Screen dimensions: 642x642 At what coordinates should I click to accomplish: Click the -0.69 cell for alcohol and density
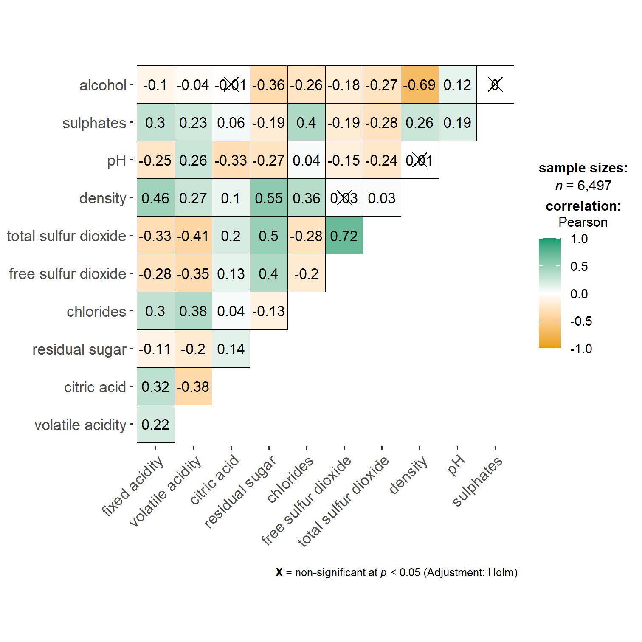point(420,85)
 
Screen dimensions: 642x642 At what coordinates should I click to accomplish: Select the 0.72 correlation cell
point(344,236)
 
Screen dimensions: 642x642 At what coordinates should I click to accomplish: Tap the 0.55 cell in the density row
point(269,198)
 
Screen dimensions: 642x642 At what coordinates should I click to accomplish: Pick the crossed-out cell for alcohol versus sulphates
point(495,85)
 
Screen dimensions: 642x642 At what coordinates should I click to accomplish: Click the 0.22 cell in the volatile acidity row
point(155,424)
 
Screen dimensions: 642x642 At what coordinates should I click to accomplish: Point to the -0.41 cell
point(193,236)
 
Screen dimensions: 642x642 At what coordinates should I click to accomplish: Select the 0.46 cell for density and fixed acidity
point(155,198)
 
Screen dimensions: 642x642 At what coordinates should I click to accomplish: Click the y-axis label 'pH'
point(116,160)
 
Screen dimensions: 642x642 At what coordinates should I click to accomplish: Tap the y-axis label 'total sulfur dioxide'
point(67,236)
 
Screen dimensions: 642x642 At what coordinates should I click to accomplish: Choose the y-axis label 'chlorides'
point(96,312)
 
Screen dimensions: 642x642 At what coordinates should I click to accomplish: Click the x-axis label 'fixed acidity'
point(132,486)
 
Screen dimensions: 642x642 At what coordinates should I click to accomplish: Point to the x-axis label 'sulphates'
point(477,481)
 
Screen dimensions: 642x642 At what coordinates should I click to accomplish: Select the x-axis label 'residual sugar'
point(240,492)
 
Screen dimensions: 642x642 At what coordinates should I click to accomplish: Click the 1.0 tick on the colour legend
point(579,239)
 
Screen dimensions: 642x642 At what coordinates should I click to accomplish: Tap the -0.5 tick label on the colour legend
point(580,321)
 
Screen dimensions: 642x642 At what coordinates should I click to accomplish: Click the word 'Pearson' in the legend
point(583,222)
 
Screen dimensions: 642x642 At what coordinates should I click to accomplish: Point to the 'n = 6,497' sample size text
point(583,186)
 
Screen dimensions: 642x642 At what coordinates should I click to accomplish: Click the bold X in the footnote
point(279,572)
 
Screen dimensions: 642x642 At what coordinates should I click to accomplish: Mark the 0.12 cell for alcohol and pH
point(457,85)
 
